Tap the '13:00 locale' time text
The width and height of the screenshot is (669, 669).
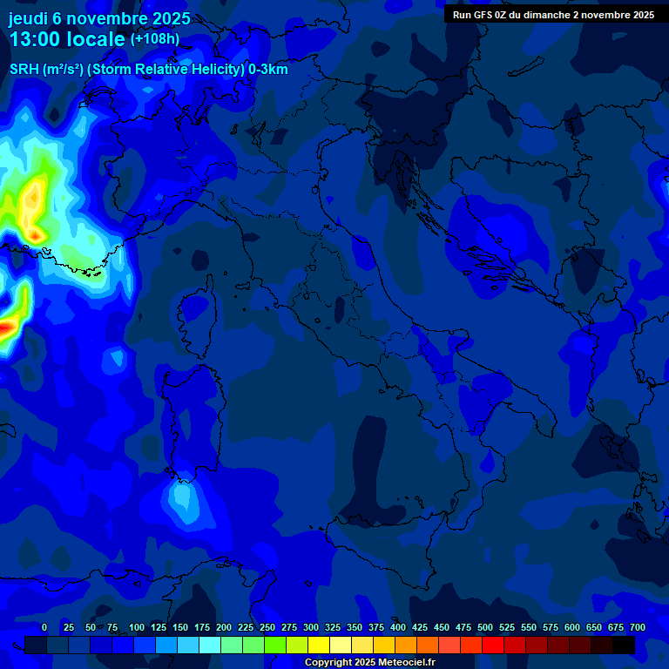tap(67, 39)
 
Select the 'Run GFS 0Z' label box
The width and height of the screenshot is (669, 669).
tap(553, 15)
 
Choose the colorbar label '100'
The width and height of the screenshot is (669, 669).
tap(137, 627)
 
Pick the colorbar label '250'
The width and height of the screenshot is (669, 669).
tap(267, 627)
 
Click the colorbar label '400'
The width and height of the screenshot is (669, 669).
tap(398, 627)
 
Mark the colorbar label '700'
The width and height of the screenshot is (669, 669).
tap(638, 627)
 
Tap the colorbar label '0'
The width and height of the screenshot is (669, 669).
tap(44, 627)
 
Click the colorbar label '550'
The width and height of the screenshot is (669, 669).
tap(529, 627)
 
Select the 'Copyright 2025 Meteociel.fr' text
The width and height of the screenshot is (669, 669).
tap(369, 663)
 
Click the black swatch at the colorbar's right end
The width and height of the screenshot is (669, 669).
tap(623, 645)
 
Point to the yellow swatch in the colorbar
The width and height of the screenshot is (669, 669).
tap(319, 645)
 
